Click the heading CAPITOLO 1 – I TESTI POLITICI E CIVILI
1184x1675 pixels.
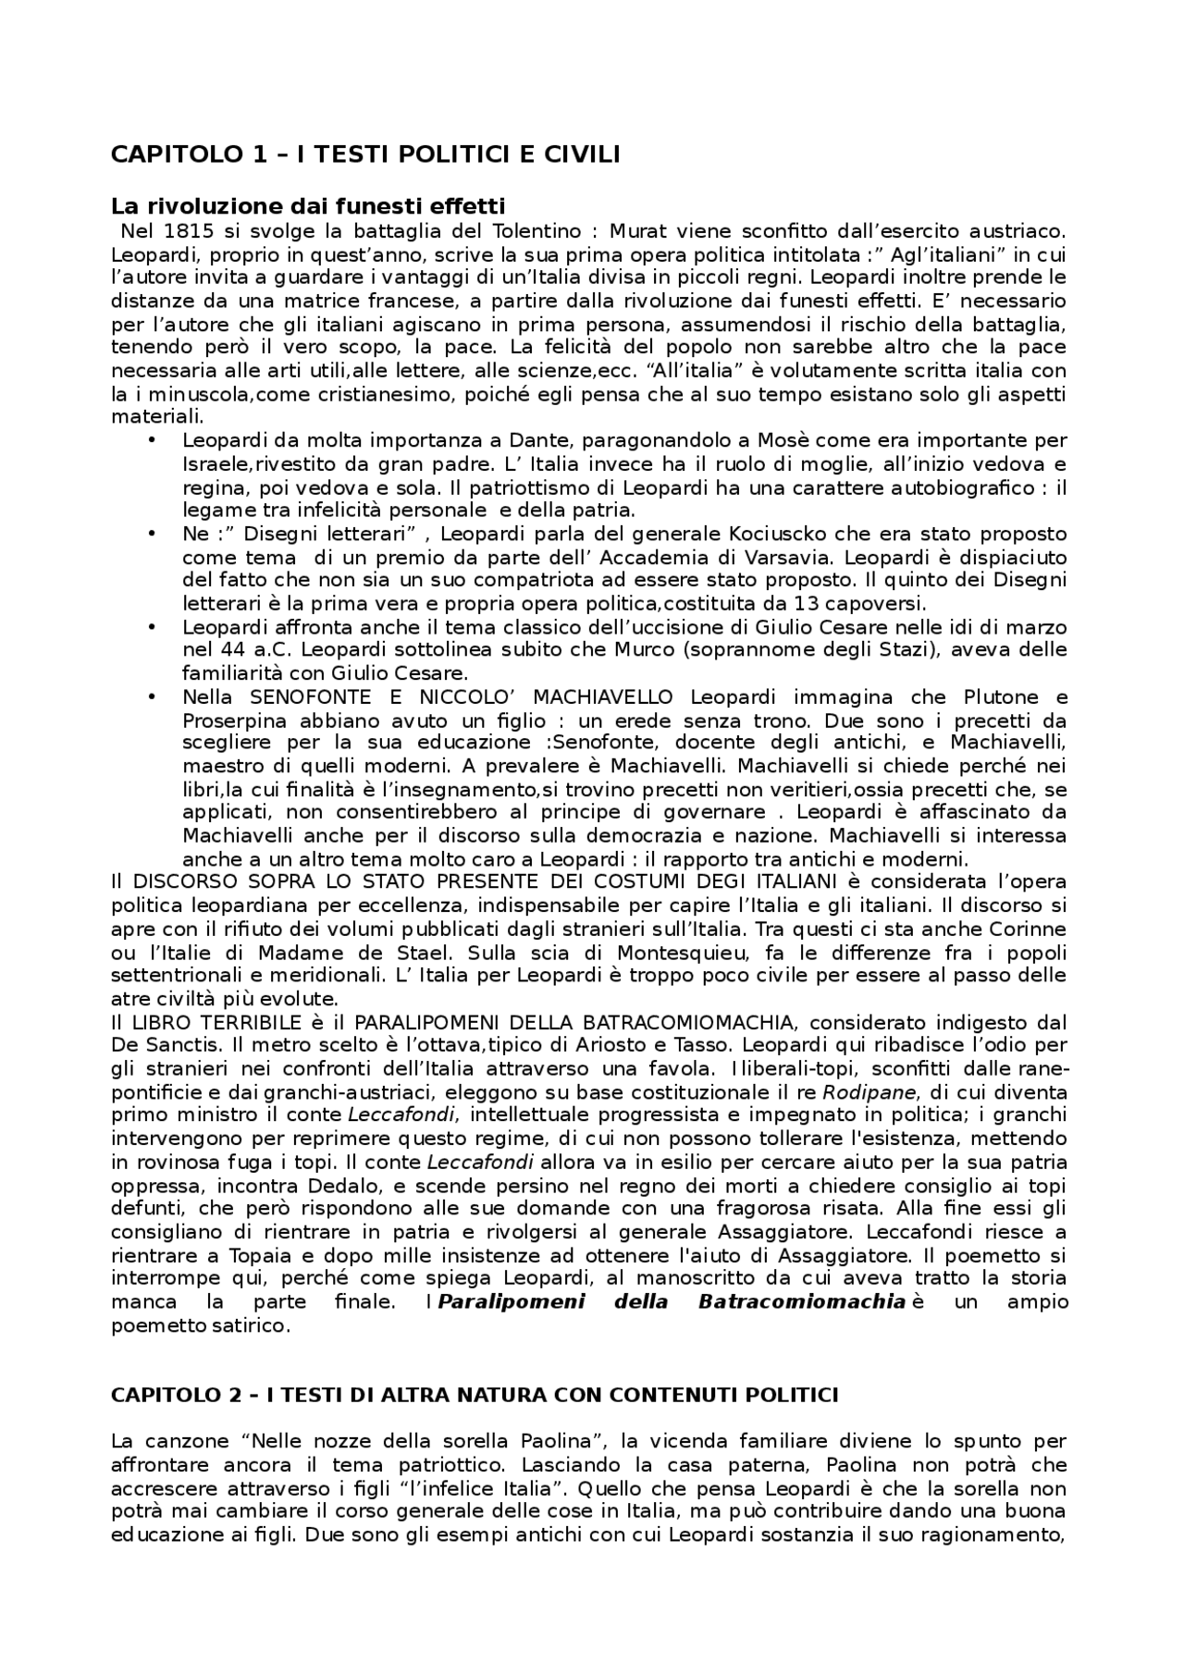point(364,154)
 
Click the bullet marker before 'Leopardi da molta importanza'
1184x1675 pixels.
point(152,440)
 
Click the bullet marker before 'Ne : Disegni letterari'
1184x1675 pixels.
point(152,534)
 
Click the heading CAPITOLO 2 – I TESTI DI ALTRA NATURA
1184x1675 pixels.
point(474,1395)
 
